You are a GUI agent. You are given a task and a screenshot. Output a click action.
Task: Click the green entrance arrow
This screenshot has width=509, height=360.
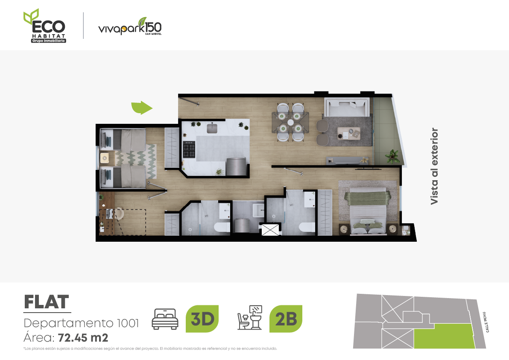[141, 108]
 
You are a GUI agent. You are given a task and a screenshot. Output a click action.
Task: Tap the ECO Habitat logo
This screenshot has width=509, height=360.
[45, 26]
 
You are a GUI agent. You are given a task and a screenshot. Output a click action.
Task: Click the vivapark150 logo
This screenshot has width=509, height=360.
[130, 26]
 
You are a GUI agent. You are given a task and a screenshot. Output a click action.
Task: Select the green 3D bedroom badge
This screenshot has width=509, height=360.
[202, 319]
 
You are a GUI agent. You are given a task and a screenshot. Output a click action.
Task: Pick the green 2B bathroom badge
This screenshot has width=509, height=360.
[286, 319]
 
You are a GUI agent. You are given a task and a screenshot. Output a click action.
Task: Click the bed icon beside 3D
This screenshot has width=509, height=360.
[165, 319]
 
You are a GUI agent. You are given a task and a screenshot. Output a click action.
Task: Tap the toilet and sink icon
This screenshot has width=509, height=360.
[250, 318]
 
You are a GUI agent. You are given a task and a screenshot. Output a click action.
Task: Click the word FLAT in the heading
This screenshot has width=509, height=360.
[47, 302]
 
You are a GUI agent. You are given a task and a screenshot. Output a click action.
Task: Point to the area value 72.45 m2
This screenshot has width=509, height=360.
[83, 338]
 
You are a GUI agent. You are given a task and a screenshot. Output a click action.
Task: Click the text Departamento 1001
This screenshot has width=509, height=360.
[81, 323]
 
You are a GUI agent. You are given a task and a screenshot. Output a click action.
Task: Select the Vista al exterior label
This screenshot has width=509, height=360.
[434, 166]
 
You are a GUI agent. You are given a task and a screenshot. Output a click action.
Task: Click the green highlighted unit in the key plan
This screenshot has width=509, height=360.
[443, 337]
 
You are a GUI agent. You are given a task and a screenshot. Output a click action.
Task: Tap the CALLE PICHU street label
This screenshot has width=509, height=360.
[486, 322]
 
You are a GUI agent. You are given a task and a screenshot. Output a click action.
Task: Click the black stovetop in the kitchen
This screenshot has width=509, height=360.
[189, 149]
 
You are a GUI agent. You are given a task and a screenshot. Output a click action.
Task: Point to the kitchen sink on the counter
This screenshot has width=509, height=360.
[212, 128]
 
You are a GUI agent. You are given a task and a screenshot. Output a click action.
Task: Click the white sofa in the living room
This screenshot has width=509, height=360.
[347, 107]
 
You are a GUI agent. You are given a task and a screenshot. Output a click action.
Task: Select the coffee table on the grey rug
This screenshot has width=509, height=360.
[348, 133]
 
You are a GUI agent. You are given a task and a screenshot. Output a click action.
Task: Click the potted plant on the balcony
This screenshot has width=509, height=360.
[392, 156]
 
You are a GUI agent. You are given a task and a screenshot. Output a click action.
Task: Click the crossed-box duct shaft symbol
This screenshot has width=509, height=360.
[270, 229]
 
